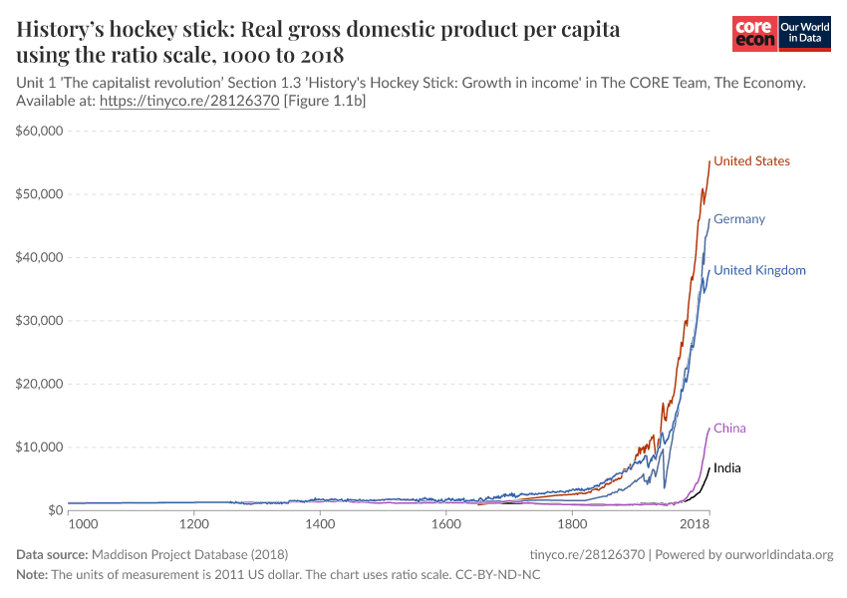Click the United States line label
751,161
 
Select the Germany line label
739,219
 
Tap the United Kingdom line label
759,270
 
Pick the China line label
729,429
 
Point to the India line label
727,467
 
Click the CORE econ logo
753,34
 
